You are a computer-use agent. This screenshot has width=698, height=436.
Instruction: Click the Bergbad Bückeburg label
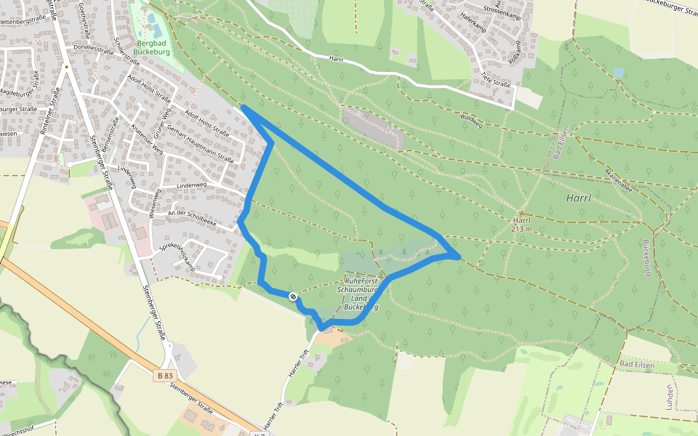click(x=153, y=47)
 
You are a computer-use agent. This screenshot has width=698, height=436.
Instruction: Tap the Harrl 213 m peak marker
click(x=521, y=213)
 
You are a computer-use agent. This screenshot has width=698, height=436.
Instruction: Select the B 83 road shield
click(x=165, y=375)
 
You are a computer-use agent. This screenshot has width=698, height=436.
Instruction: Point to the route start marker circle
click(x=292, y=296)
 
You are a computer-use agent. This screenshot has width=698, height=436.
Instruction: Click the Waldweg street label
click(x=471, y=120)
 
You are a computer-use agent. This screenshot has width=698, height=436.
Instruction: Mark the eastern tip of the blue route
click(x=459, y=257)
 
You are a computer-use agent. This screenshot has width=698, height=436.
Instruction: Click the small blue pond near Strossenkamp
click(x=618, y=73)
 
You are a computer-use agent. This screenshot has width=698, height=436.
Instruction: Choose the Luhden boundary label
click(x=669, y=397)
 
